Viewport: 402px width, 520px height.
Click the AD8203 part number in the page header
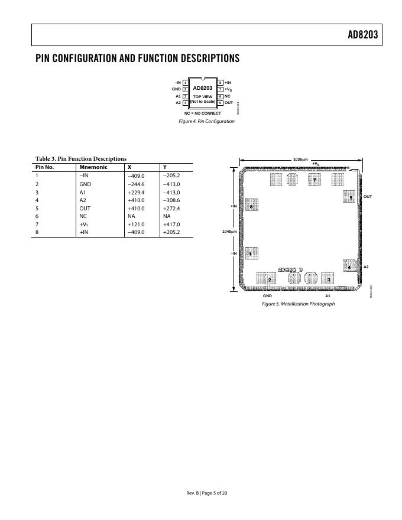click(362, 35)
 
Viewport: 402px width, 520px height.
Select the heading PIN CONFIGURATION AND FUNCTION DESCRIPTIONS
click(137, 58)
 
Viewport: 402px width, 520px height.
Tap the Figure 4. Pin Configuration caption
click(206, 121)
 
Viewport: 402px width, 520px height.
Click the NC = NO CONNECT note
click(202, 113)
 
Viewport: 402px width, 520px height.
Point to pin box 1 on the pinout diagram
click(185, 83)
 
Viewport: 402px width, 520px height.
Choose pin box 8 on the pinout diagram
click(221, 83)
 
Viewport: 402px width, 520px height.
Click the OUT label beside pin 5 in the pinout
click(229, 102)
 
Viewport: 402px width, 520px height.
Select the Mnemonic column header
click(93, 167)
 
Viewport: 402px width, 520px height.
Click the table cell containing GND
click(85, 184)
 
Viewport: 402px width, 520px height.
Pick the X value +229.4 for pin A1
click(136, 192)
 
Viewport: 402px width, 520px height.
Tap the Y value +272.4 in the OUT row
click(171, 208)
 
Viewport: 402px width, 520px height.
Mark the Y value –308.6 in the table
click(171, 200)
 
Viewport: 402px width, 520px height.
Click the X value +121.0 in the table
click(136, 225)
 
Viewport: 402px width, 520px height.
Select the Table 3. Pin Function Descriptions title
click(81, 158)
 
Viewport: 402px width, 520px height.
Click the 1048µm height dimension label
click(229, 232)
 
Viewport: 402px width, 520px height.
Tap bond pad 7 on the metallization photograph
click(315, 180)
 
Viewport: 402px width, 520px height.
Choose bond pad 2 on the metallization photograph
click(269, 279)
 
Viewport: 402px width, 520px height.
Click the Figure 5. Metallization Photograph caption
click(298, 304)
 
